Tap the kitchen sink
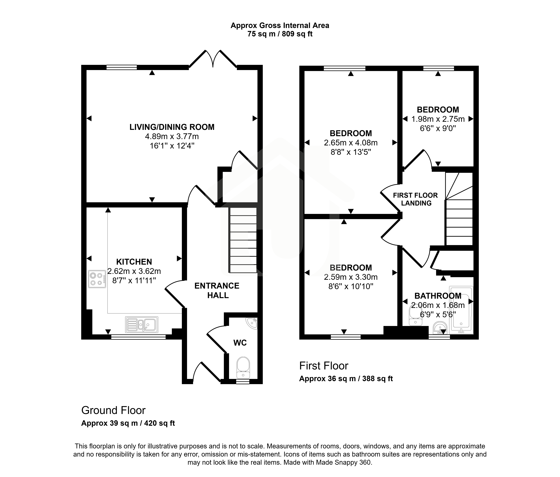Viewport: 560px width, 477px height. coord(142,324)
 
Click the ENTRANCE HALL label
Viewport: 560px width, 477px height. coord(217,290)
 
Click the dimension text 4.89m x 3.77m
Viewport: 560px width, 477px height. coord(172,136)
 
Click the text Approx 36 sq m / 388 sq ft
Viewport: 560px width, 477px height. coord(346,379)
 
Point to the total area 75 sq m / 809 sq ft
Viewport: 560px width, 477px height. coord(280,34)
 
